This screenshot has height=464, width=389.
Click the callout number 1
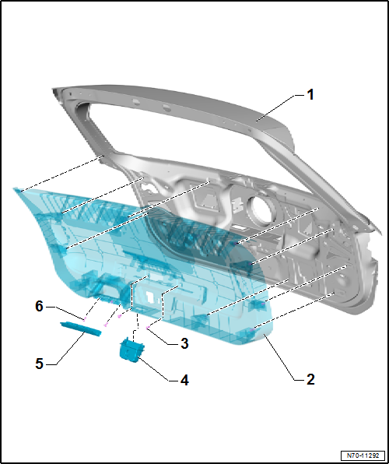click(x=310, y=95)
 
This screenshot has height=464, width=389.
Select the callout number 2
click(x=310, y=380)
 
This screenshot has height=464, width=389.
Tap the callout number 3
click(x=184, y=343)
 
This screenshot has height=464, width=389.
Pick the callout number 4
click(x=184, y=381)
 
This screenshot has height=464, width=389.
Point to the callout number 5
click(x=40, y=363)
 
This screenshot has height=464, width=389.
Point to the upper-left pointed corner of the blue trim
click(x=15, y=189)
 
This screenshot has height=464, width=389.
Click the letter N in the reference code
click(x=346, y=455)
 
